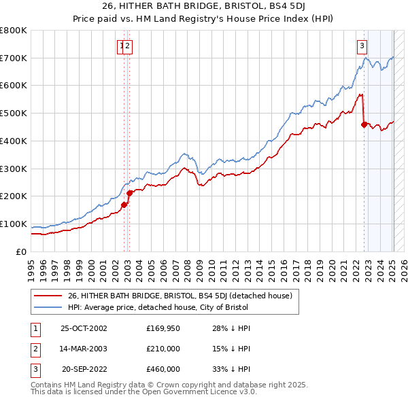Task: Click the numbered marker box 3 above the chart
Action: tap(362, 46)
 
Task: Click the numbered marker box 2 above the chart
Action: tap(129, 46)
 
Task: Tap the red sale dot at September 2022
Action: tap(364, 124)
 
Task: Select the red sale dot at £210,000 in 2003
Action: tap(129, 193)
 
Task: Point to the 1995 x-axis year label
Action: tap(31, 267)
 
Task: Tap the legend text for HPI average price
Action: tap(158, 307)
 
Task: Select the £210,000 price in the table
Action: tap(163, 349)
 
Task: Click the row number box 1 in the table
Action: tap(35, 328)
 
